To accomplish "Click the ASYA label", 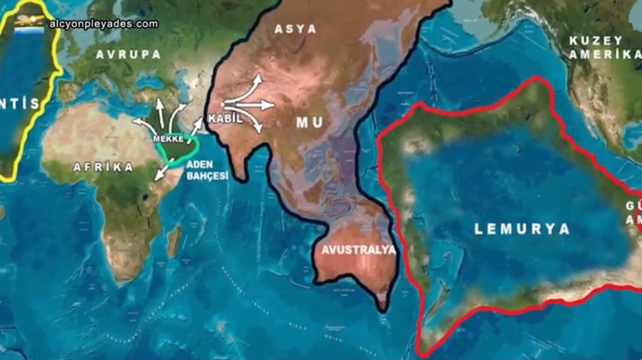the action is (x=295, y=29).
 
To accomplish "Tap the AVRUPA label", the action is (x=128, y=55).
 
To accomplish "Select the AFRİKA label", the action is (x=103, y=167).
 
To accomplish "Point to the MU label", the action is (x=310, y=123).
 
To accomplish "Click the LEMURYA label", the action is (x=522, y=229).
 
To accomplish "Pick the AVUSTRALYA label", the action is (x=358, y=250).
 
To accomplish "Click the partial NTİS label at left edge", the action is (x=20, y=104).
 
